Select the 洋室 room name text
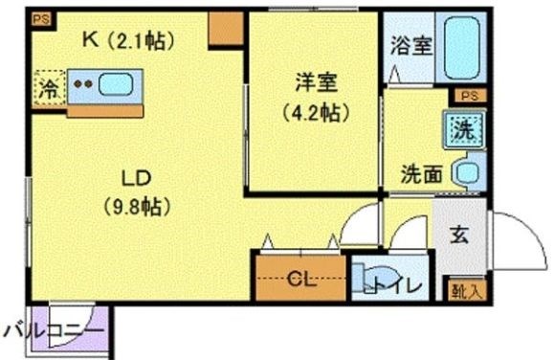[x=314, y=84]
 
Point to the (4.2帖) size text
[x=314, y=111]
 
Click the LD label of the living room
[x=134, y=176]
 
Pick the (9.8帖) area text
[x=135, y=204]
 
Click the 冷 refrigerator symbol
[x=47, y=88]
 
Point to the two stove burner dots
[x=83, y=84]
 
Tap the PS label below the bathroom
[x=467, y=96]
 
